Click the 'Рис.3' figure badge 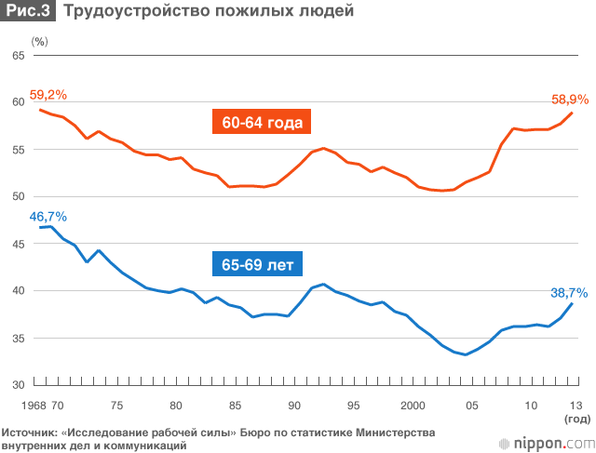click(x=28, y=12)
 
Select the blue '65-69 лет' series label click(x=258, y=264)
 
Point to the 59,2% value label click(x=48, y=95)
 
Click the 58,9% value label click(x=570, y=99)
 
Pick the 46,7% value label click(x=48, y=217)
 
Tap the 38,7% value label click(x=569, y=292)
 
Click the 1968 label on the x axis click(x=32, y=405)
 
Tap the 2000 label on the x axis click(x=413, y=405)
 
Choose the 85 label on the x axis click(x=235, y=405)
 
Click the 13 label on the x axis click(x=576, y=405)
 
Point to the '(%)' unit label click(x=39, y=42)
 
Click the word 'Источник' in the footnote click(x=31, y=433)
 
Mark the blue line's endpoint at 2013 click(x=572, y=303)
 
